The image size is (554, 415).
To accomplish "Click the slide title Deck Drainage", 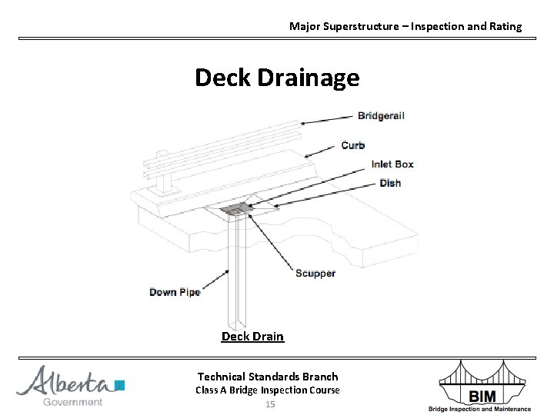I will [276, 78].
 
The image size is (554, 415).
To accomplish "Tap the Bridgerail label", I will [381, 116].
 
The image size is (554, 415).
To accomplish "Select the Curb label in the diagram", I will [353, 145].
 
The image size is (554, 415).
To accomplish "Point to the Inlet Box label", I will [392, 164].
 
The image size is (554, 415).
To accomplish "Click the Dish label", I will [390, 183].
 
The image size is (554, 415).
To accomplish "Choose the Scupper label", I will [315, 274].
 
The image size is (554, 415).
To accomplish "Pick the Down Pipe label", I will [175, 292].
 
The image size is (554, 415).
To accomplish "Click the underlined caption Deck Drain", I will [252, 337].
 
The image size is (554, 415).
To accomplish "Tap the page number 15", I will [269, 404].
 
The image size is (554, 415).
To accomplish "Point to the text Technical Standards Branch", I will [268, 376].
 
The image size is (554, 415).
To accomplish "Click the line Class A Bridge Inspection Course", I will [268, 390].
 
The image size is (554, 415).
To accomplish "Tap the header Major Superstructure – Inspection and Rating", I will [405, 26].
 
